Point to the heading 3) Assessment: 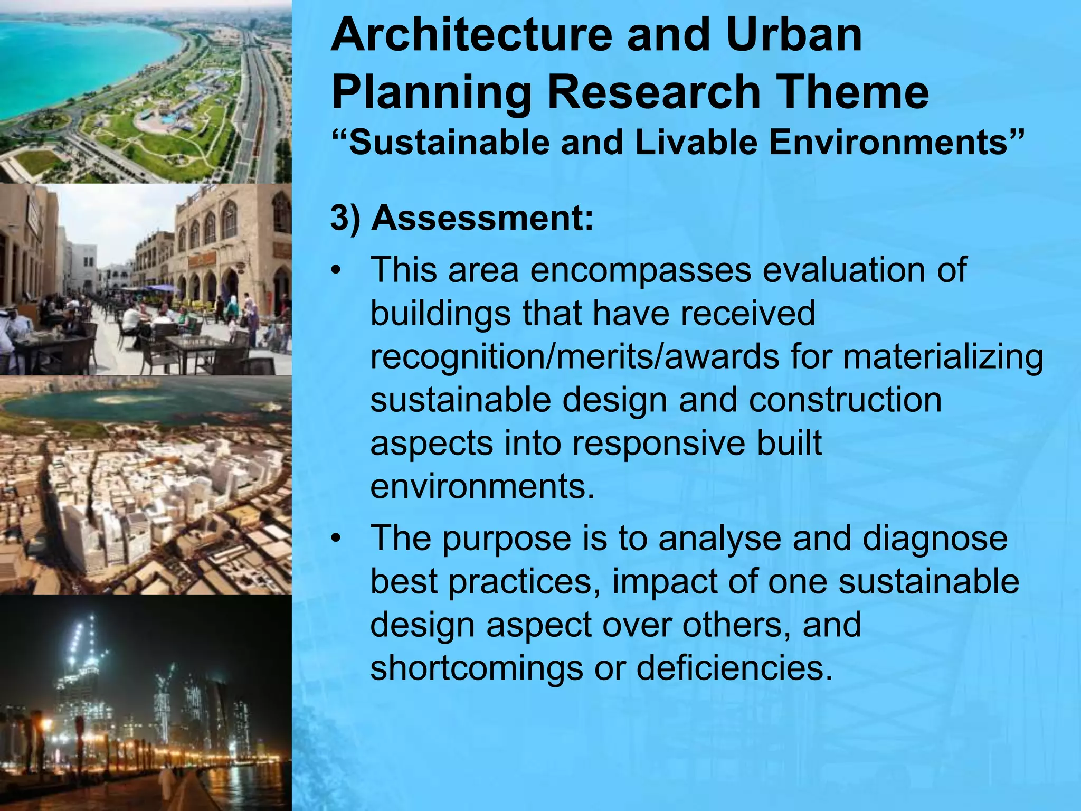(462, 218)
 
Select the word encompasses (640, 270)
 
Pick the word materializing (943, 357)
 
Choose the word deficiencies (734, 668)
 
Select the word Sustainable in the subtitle (449, 143)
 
